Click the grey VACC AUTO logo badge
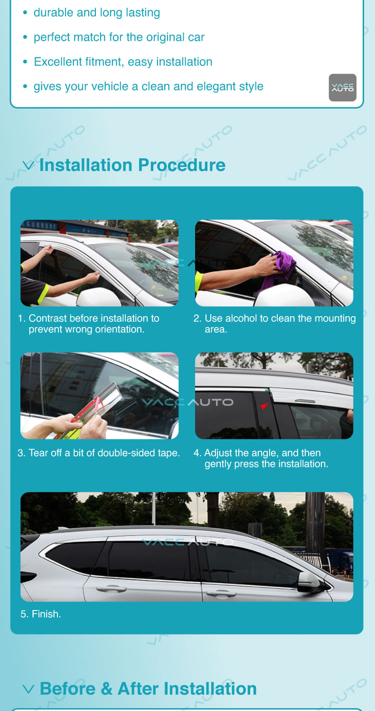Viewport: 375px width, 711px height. coord(343,88)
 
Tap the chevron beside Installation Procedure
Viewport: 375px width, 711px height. coord(28,165)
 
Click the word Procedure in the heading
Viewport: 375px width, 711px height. coord(182,165)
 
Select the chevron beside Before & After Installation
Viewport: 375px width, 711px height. coord(28,689)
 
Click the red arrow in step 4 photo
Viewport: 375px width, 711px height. coord(264,406)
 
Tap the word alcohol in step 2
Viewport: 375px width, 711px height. coord(247,319)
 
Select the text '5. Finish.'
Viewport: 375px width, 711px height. coord(41,614)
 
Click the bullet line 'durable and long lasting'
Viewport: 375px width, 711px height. coord(97,13)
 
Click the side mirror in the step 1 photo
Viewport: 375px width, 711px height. coord(99,297)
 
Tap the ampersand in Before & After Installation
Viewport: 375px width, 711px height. coord(106,689)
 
